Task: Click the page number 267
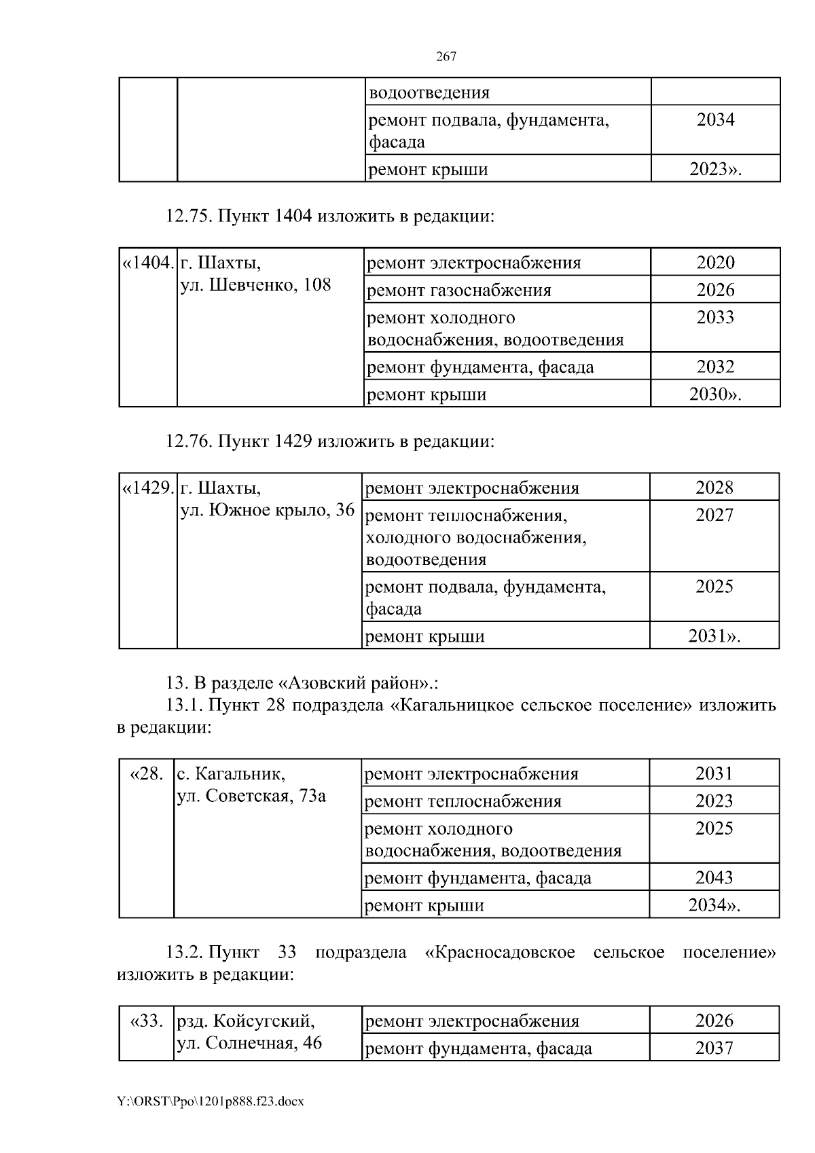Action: pos(446,57)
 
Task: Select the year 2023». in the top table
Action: pos(715,169)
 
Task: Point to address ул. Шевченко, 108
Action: pos(256,285)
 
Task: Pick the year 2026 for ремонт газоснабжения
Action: pos(715,290)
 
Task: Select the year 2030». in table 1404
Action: pos(715,395)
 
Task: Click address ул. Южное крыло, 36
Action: pos(268,510)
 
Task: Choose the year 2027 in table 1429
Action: pos(714,515)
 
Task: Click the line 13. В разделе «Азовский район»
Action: pos(302,682)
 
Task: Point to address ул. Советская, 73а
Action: pos(251,796)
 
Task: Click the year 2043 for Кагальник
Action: pos(714,877)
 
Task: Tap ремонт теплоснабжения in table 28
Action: pos(463,801)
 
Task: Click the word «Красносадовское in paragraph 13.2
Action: pos(500,952)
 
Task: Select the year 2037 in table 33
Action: pos(714,1048)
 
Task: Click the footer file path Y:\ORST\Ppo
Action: pos(210,1101)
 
